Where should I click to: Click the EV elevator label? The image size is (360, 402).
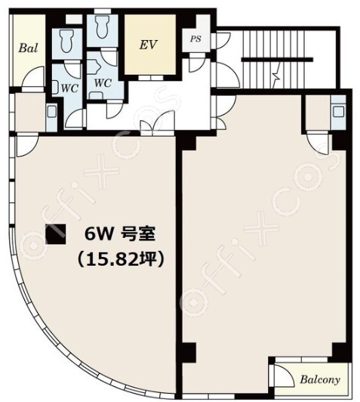point(148,45)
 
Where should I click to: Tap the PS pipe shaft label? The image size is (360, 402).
point(195,39)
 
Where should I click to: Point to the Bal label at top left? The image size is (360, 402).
point(28,48)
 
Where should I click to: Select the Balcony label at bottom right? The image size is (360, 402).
point(320,379)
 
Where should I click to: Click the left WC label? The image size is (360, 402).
point(69,88)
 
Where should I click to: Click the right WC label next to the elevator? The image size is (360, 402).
point(103,83)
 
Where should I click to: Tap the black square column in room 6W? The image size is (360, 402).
point(56,233)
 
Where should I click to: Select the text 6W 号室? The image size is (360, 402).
point(120,234)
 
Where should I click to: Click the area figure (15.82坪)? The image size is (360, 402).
point(121,259)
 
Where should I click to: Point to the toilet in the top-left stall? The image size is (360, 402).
point(67,40)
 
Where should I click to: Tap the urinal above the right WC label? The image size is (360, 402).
point(93,66)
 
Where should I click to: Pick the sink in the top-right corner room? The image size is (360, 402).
point(339,112)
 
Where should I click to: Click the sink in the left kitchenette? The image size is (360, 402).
point(51,112)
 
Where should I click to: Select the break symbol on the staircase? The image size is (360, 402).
point(277,76)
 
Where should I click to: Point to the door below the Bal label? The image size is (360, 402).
point(32,78)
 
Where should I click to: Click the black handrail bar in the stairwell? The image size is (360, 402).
point(277,60)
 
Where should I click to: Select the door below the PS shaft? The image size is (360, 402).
point(196,63)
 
